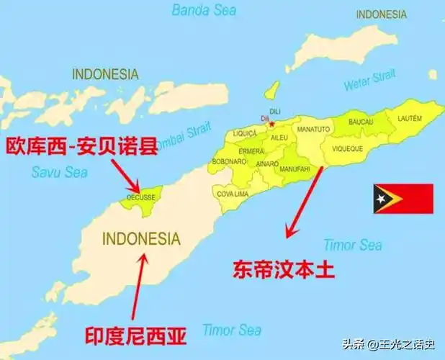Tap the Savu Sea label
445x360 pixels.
coord(60,172)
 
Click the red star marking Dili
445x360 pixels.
coord(271,124)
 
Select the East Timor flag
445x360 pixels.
coord(403,199)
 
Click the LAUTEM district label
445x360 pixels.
coord(408,117)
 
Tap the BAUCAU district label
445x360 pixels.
coord(361,123)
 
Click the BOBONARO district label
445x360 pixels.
coord(228,161)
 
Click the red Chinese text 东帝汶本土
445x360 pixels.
coord(284,269)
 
